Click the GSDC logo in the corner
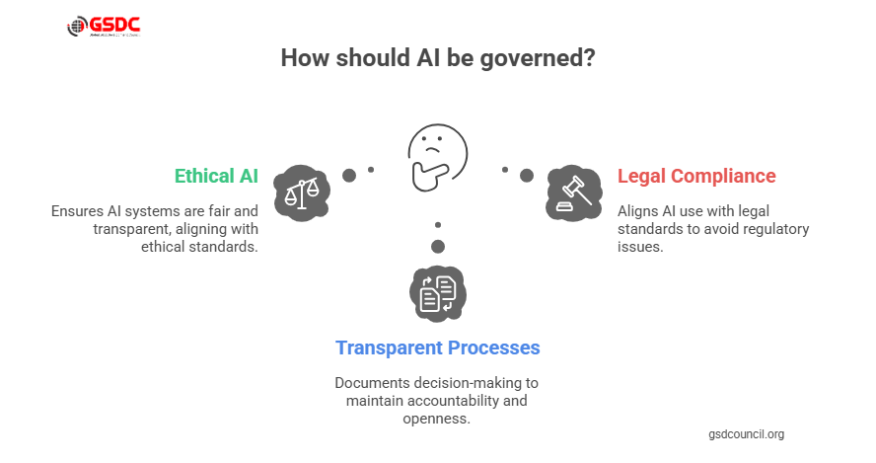[103, 27]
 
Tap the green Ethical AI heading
[216, 176]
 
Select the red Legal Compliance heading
[696, 176]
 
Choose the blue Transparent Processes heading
[438, 347]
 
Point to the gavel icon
[573, 191]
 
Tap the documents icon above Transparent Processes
[437, 293]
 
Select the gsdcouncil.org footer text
[746, 434]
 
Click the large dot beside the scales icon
[349, 176]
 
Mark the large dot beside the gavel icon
[527, 176]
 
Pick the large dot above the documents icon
[438, 246]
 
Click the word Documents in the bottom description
[370, 382]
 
